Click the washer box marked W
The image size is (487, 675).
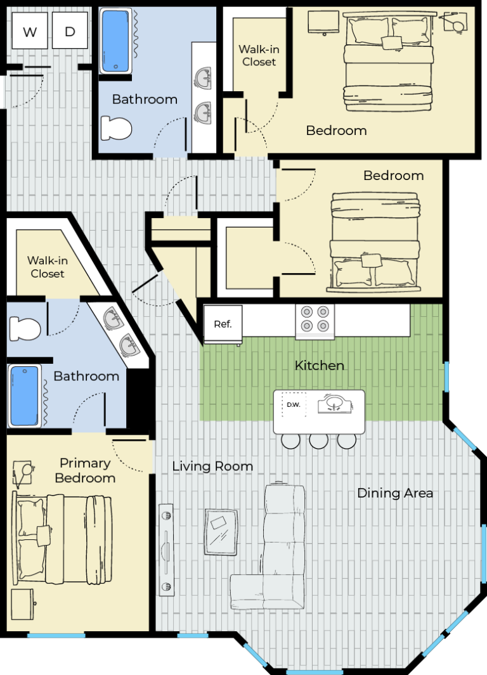click(x=30, y=30)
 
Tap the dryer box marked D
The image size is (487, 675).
click(x=70, y=30)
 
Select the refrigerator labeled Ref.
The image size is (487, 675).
click(x=223, y=325)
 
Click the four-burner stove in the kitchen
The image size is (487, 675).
click(x=315, y=321)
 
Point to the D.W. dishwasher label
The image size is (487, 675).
click(x=293, y=404)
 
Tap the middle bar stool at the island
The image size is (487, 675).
click(x=318, y=440)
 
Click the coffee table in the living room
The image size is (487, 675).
click(x=221, y=532)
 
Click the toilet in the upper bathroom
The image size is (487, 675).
click(x=116, y=128)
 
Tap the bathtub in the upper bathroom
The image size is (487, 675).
click(x=116, y=41)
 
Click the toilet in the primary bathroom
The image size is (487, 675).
click(x=25, y=328)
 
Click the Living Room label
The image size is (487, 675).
click(x=212, y=466)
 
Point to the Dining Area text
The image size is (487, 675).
click(x=395, y=493)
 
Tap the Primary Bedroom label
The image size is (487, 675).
click(x=85, y=470)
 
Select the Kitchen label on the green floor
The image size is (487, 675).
click(x=319, y=366)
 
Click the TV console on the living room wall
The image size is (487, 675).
click(x=166, y=550)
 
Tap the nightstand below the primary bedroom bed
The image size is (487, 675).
click(x=22, y=604)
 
